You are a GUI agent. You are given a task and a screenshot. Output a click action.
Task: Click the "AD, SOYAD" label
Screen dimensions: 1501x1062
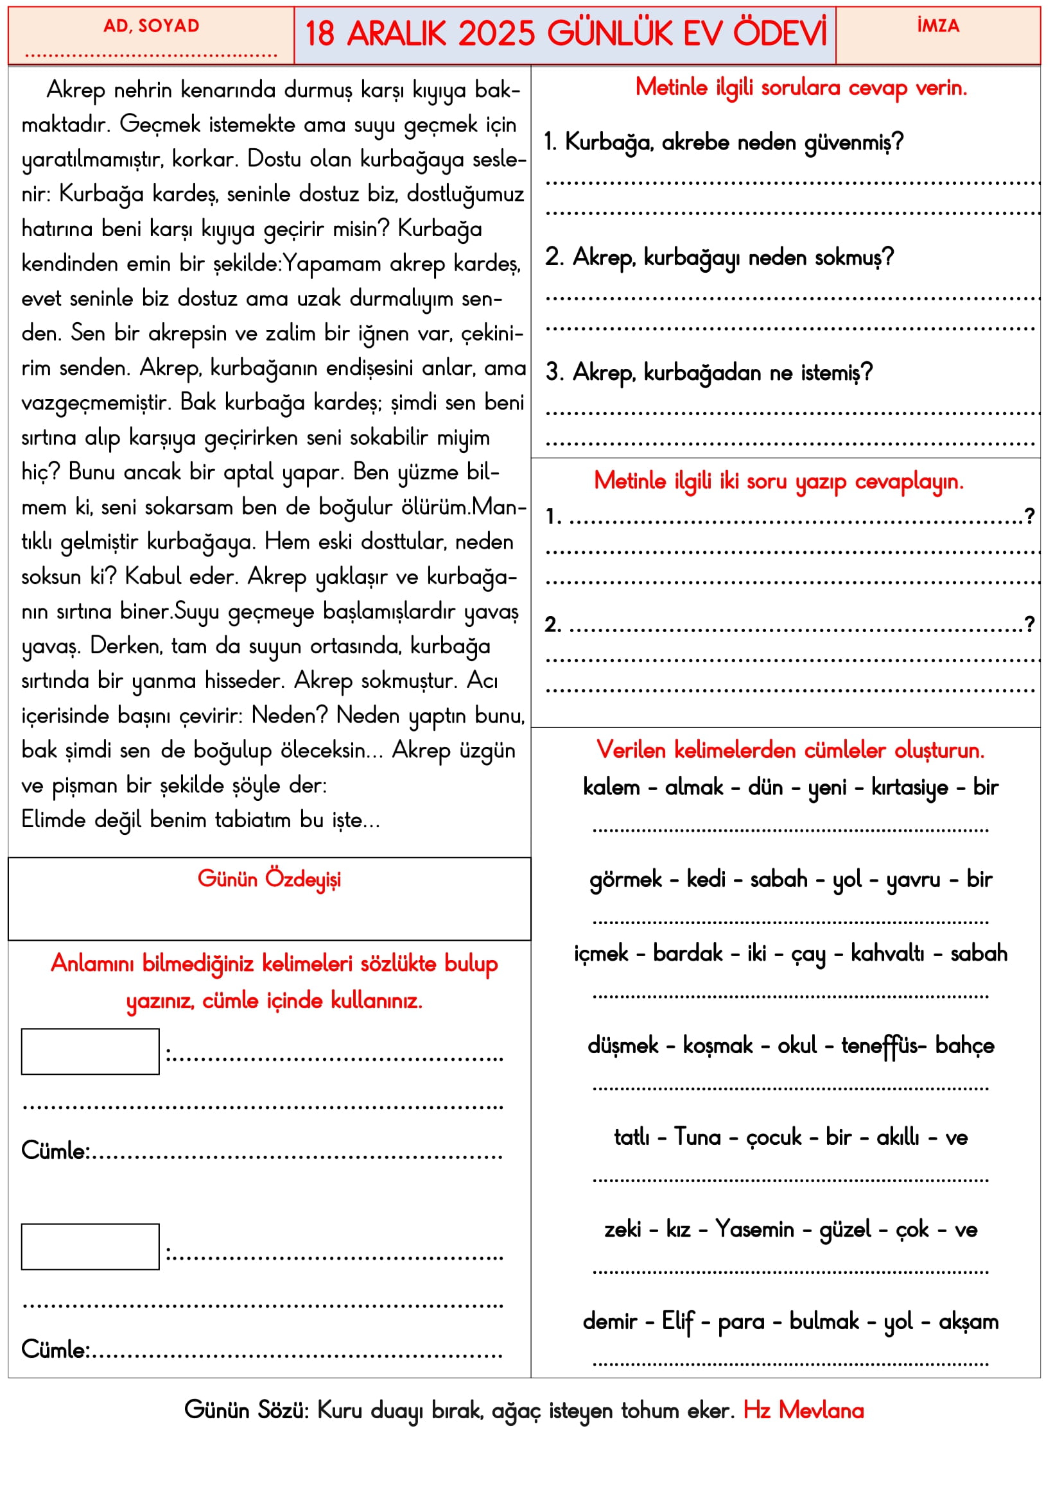pos(151,26)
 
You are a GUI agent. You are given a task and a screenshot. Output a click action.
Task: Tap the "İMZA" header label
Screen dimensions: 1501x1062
pos(937,26)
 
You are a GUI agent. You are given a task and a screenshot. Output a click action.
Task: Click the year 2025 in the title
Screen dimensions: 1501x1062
pos(496,34)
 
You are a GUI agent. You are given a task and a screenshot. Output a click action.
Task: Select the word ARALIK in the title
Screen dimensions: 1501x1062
pos(396,34)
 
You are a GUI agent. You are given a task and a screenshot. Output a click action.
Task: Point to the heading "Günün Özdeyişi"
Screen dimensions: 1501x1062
pos(269,879)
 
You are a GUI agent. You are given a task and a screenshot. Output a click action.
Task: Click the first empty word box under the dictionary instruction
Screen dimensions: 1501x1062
pos(91,1051)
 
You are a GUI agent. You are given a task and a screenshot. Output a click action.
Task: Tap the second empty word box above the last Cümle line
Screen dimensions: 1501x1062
pos(91,1247)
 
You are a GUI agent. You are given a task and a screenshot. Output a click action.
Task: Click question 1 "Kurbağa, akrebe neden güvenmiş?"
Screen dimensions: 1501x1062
pos(723,142)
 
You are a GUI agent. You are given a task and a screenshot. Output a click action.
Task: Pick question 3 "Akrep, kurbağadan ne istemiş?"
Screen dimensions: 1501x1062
pos(709,373)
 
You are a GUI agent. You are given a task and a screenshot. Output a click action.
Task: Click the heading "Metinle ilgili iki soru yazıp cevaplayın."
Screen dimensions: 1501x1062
pos(778,482)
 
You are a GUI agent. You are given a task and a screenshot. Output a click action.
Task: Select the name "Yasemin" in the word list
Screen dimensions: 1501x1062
pos(754,1230)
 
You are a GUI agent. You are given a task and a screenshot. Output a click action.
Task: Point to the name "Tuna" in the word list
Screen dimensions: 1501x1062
pos(697,1138)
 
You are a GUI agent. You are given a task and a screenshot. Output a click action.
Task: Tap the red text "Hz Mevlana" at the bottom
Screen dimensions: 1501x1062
pos(803,1411)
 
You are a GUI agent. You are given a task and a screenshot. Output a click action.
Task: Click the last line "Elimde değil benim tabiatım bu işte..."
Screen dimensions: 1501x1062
pos(200,819)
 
